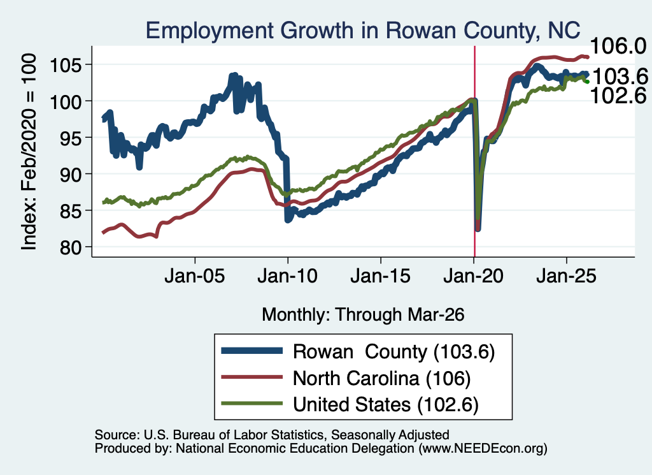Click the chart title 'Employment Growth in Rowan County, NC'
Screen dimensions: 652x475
362,31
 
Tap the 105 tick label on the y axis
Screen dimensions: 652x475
66,64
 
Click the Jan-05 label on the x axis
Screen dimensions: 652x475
195,276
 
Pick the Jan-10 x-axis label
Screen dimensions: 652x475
288,276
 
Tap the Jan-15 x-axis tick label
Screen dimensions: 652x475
381,276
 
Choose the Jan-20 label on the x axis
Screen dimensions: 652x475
474,276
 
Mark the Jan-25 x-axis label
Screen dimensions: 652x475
566,276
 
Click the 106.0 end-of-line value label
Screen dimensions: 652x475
618,46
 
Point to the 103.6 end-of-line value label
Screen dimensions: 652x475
620,77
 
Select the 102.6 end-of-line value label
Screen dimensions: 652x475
618,96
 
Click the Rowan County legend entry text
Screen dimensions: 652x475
393,351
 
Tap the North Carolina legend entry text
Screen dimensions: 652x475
382,378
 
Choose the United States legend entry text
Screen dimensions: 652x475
386,404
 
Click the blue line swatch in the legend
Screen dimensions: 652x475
252,351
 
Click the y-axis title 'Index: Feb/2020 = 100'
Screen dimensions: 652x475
29,152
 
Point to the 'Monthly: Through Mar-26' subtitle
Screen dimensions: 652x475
363,314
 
